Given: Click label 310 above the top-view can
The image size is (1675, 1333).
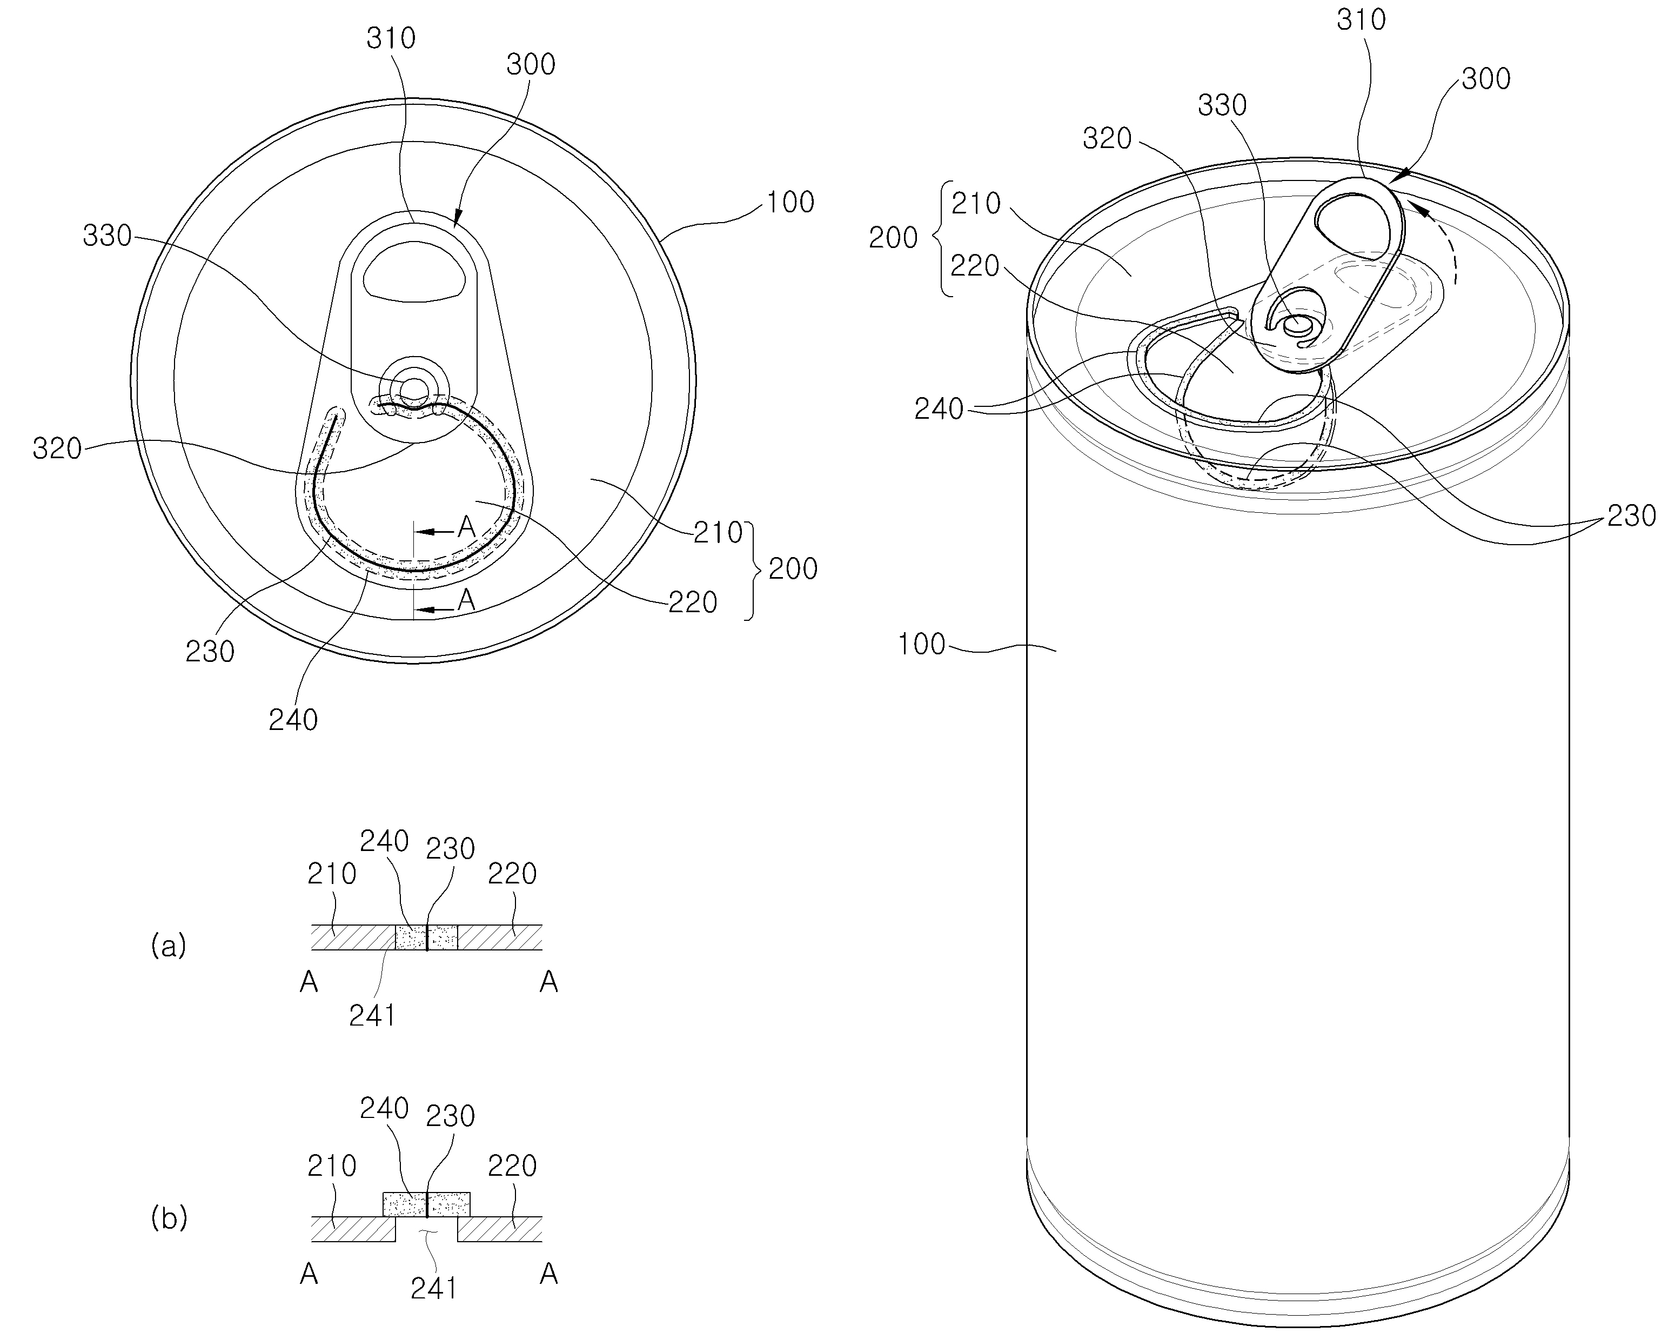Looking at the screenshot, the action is [391, 38].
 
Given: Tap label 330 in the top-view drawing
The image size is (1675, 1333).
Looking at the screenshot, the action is [107, 236].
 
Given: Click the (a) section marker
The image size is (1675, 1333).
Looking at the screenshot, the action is [169, 946].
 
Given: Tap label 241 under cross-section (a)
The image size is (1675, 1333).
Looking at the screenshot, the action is [372, 1016].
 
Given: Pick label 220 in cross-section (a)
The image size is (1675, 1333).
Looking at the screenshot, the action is [512, 874].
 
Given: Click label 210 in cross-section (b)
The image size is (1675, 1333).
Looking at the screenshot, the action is [332, 1166].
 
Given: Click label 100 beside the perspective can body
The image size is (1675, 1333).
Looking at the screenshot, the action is [921, 644].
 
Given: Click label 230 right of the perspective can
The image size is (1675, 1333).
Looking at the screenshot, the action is [1631, 515].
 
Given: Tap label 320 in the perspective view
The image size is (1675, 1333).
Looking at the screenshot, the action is [1108, 139].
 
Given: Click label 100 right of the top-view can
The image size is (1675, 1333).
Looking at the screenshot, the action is [790, 202].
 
